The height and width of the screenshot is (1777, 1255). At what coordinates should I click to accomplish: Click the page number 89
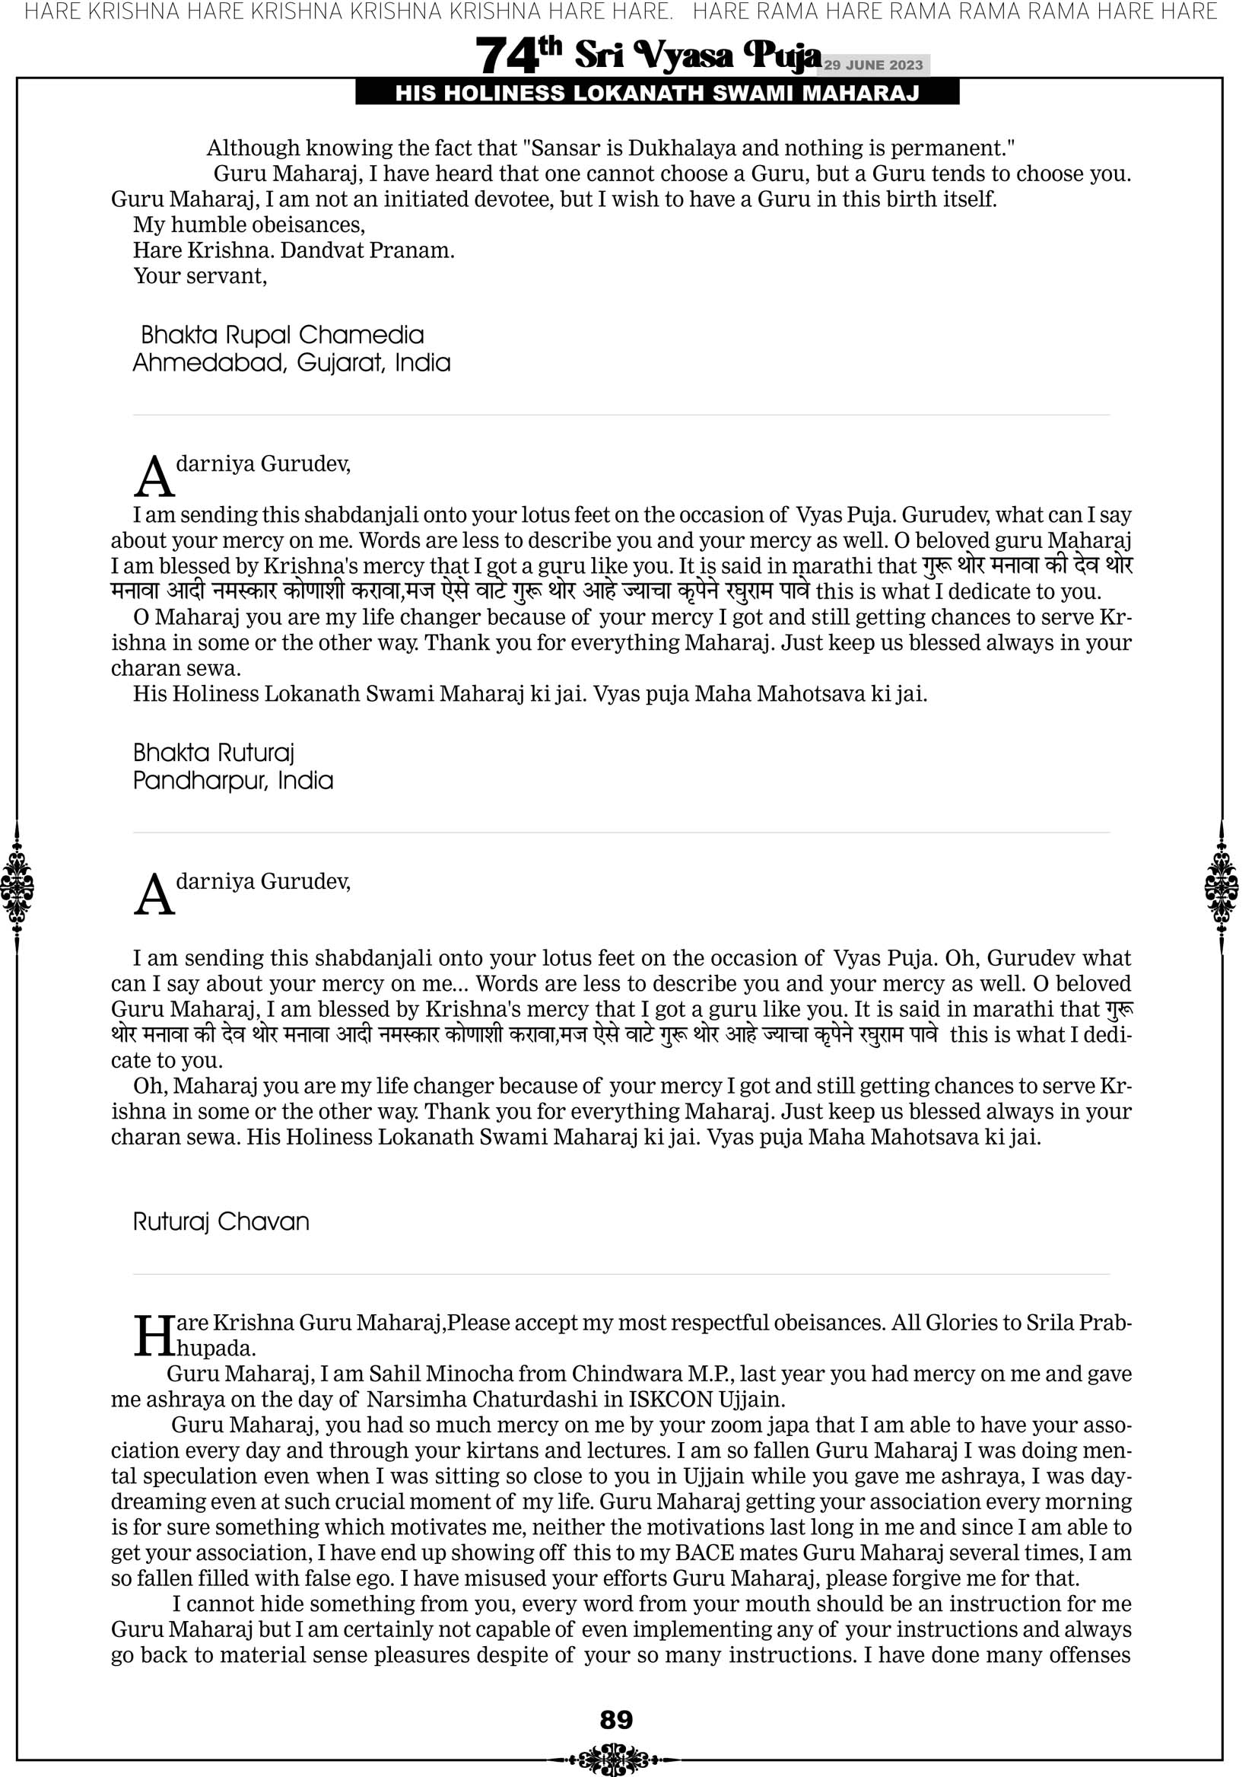point(616,1720)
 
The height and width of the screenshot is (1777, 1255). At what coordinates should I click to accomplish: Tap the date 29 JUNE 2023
point(873,65)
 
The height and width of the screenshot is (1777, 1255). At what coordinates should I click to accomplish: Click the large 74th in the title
point(518,55)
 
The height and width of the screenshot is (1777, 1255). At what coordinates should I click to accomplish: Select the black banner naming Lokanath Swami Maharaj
point(657,94)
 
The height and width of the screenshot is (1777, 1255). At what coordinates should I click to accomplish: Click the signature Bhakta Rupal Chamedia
point(282,335)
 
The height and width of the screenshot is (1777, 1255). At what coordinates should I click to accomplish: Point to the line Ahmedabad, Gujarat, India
point(291,362)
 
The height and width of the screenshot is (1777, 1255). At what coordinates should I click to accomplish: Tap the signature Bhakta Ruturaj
point(214,753)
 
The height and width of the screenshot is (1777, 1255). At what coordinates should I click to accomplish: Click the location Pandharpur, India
point(233,780)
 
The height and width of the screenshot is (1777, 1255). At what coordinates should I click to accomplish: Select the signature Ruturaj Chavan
point(221,1221)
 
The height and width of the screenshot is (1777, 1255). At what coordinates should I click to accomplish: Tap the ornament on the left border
point(17,887)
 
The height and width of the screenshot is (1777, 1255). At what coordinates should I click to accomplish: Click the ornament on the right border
point(1222,887)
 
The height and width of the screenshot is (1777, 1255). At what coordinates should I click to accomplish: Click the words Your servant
point(200,276)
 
